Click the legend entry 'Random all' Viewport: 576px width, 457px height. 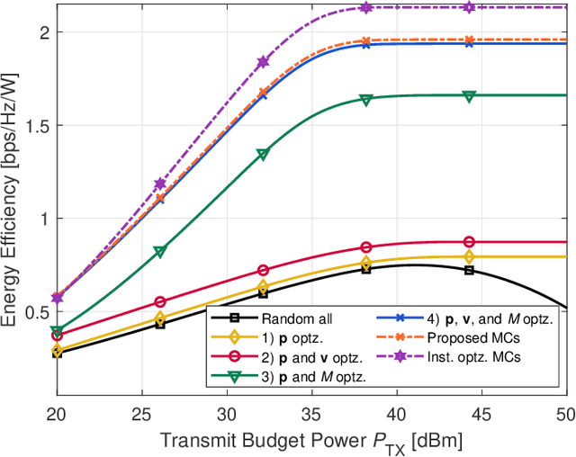[290, 318]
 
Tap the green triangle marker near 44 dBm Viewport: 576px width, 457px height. [469, 95]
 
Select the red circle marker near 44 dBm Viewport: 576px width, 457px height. [469, 242]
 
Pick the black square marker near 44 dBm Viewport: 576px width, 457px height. [469, 270]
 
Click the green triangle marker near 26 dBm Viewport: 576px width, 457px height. [160, 252]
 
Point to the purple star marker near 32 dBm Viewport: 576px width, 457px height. [263, 62]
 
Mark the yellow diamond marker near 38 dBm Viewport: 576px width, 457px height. [366, 263]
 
